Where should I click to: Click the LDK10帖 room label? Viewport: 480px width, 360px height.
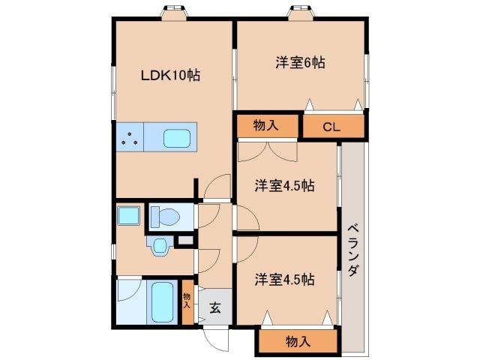170,76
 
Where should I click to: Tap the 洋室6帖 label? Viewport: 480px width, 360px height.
298,63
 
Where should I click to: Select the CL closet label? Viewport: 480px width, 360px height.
331,127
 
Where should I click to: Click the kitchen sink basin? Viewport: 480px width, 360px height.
178,138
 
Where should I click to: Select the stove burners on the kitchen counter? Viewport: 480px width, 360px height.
130,138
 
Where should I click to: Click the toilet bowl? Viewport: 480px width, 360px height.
166,217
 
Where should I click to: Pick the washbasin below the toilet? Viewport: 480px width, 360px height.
158,246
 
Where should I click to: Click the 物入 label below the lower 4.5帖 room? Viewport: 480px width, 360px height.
298,342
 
